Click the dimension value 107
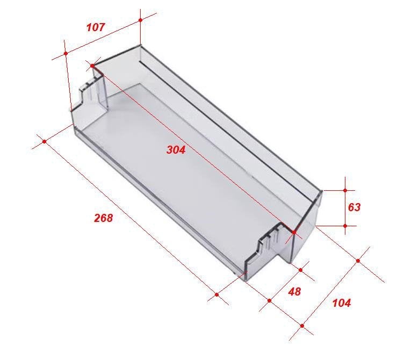coord(96,27)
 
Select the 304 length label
coord(176,150)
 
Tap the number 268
coord(103,218)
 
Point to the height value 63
coord(354,207)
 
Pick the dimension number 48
coord(294,292)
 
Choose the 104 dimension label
coord(342,303)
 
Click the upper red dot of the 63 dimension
coord(345,190)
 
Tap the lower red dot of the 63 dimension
coord(345,226)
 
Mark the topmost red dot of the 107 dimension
coord(140,20)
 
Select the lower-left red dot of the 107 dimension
coord(66,53)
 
